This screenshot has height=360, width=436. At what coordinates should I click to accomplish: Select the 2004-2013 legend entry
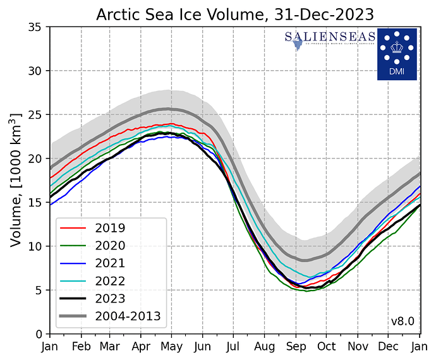click(x=127, y=316)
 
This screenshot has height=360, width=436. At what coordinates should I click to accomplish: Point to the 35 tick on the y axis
click(x=35, y=27)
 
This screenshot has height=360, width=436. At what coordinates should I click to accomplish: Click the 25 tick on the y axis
click(x=35, y=115)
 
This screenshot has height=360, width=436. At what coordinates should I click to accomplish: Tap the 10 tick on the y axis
click(x=35, y=246)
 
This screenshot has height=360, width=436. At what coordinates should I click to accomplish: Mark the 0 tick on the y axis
click(x=39, y=333)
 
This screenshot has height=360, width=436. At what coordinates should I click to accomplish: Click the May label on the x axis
click(x=173, y=346)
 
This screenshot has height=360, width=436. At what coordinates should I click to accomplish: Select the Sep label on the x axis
click(x=296, y=346)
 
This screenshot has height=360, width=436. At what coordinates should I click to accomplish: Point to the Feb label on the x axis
click(x=80, y=346)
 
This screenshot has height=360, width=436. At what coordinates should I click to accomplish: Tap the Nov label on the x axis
click(x=358, y=346)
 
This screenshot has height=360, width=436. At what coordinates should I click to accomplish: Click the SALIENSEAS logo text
click(x=330, y=39)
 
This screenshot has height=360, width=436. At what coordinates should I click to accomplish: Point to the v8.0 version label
click(x=402, y=321)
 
